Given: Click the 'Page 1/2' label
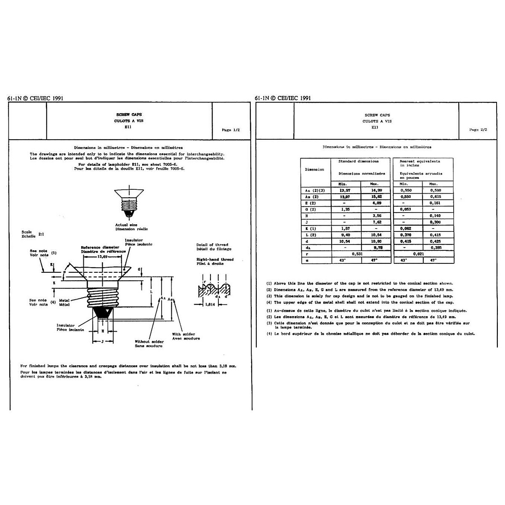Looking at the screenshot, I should [x=230, y=130].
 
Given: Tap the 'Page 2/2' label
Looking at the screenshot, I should [x=478, y=130].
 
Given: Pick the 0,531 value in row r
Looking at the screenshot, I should [x=346, y=254].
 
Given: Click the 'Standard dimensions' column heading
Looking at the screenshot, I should [x=358, y=161].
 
